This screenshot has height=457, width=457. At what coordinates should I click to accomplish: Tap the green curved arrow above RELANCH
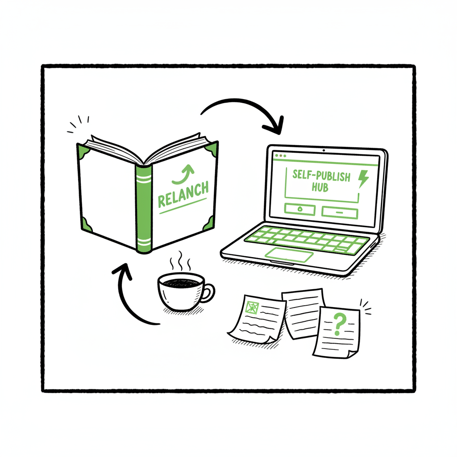pos(183,174)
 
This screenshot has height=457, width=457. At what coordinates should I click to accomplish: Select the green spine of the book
pos(144,210)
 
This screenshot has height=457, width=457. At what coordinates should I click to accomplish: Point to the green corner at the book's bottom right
pos(209,224)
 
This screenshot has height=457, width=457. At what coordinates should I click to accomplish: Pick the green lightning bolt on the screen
pos(364,179)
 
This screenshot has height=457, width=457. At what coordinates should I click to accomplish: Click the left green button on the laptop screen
pos(299,210)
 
